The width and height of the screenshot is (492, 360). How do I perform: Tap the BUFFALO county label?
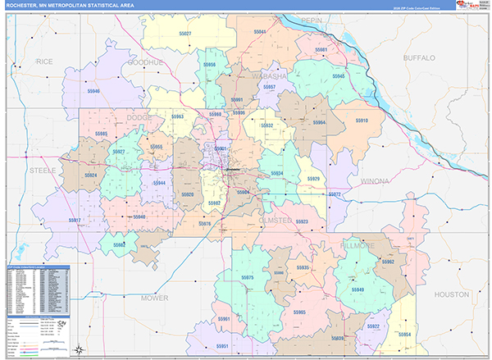[x=424, y=58]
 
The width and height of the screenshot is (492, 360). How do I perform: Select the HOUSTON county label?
[x=451, y=294]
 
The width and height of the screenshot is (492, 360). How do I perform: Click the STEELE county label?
[x=43, y=170]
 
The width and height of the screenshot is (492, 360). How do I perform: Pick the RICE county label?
[x=44, y=62]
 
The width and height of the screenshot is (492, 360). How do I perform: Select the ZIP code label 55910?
[x=362, y=121]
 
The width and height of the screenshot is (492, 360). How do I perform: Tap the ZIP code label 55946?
[x=93, y=92]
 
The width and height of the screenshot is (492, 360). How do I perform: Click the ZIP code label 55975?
[x=248, y=279]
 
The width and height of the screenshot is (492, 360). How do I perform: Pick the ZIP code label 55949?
[x=358, y=290]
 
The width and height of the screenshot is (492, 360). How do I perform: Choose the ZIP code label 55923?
[x=302, y=222]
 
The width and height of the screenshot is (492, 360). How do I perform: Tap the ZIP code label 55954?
[x=408, y=335]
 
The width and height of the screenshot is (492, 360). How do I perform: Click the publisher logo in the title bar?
[x=465, y=7]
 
